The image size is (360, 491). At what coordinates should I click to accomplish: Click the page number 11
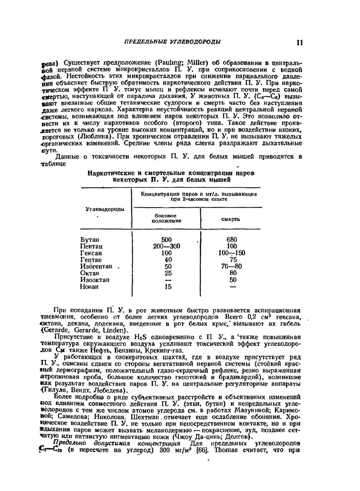[x=299, y=42]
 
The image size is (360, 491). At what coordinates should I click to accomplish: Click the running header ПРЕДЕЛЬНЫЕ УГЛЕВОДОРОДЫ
[x=172, y=42]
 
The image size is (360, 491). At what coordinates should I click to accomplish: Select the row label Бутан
[x=90, y=240]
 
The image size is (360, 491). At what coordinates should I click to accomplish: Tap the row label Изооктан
[x=95, y=280]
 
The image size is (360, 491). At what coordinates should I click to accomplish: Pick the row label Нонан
[x=89, y=287]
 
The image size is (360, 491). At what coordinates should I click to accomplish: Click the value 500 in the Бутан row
[x=166, y=240]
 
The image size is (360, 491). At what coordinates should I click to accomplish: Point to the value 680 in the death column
[x=232, y=240]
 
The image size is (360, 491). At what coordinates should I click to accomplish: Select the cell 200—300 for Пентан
[x=166, y=246]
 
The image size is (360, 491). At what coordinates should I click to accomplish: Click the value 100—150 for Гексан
[x=232, y=253]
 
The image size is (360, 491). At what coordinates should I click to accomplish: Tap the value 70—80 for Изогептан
[x=232, y=267]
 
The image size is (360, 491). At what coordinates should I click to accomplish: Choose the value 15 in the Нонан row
[x=168, y=287]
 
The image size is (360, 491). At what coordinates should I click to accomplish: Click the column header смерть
[x=231, y=219]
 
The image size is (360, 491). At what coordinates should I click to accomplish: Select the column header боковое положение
[x=166, y=218]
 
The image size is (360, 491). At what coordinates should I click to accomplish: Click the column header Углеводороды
[x=105, y=209]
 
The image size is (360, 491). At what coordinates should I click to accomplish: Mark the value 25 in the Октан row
[x=168, y=273]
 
